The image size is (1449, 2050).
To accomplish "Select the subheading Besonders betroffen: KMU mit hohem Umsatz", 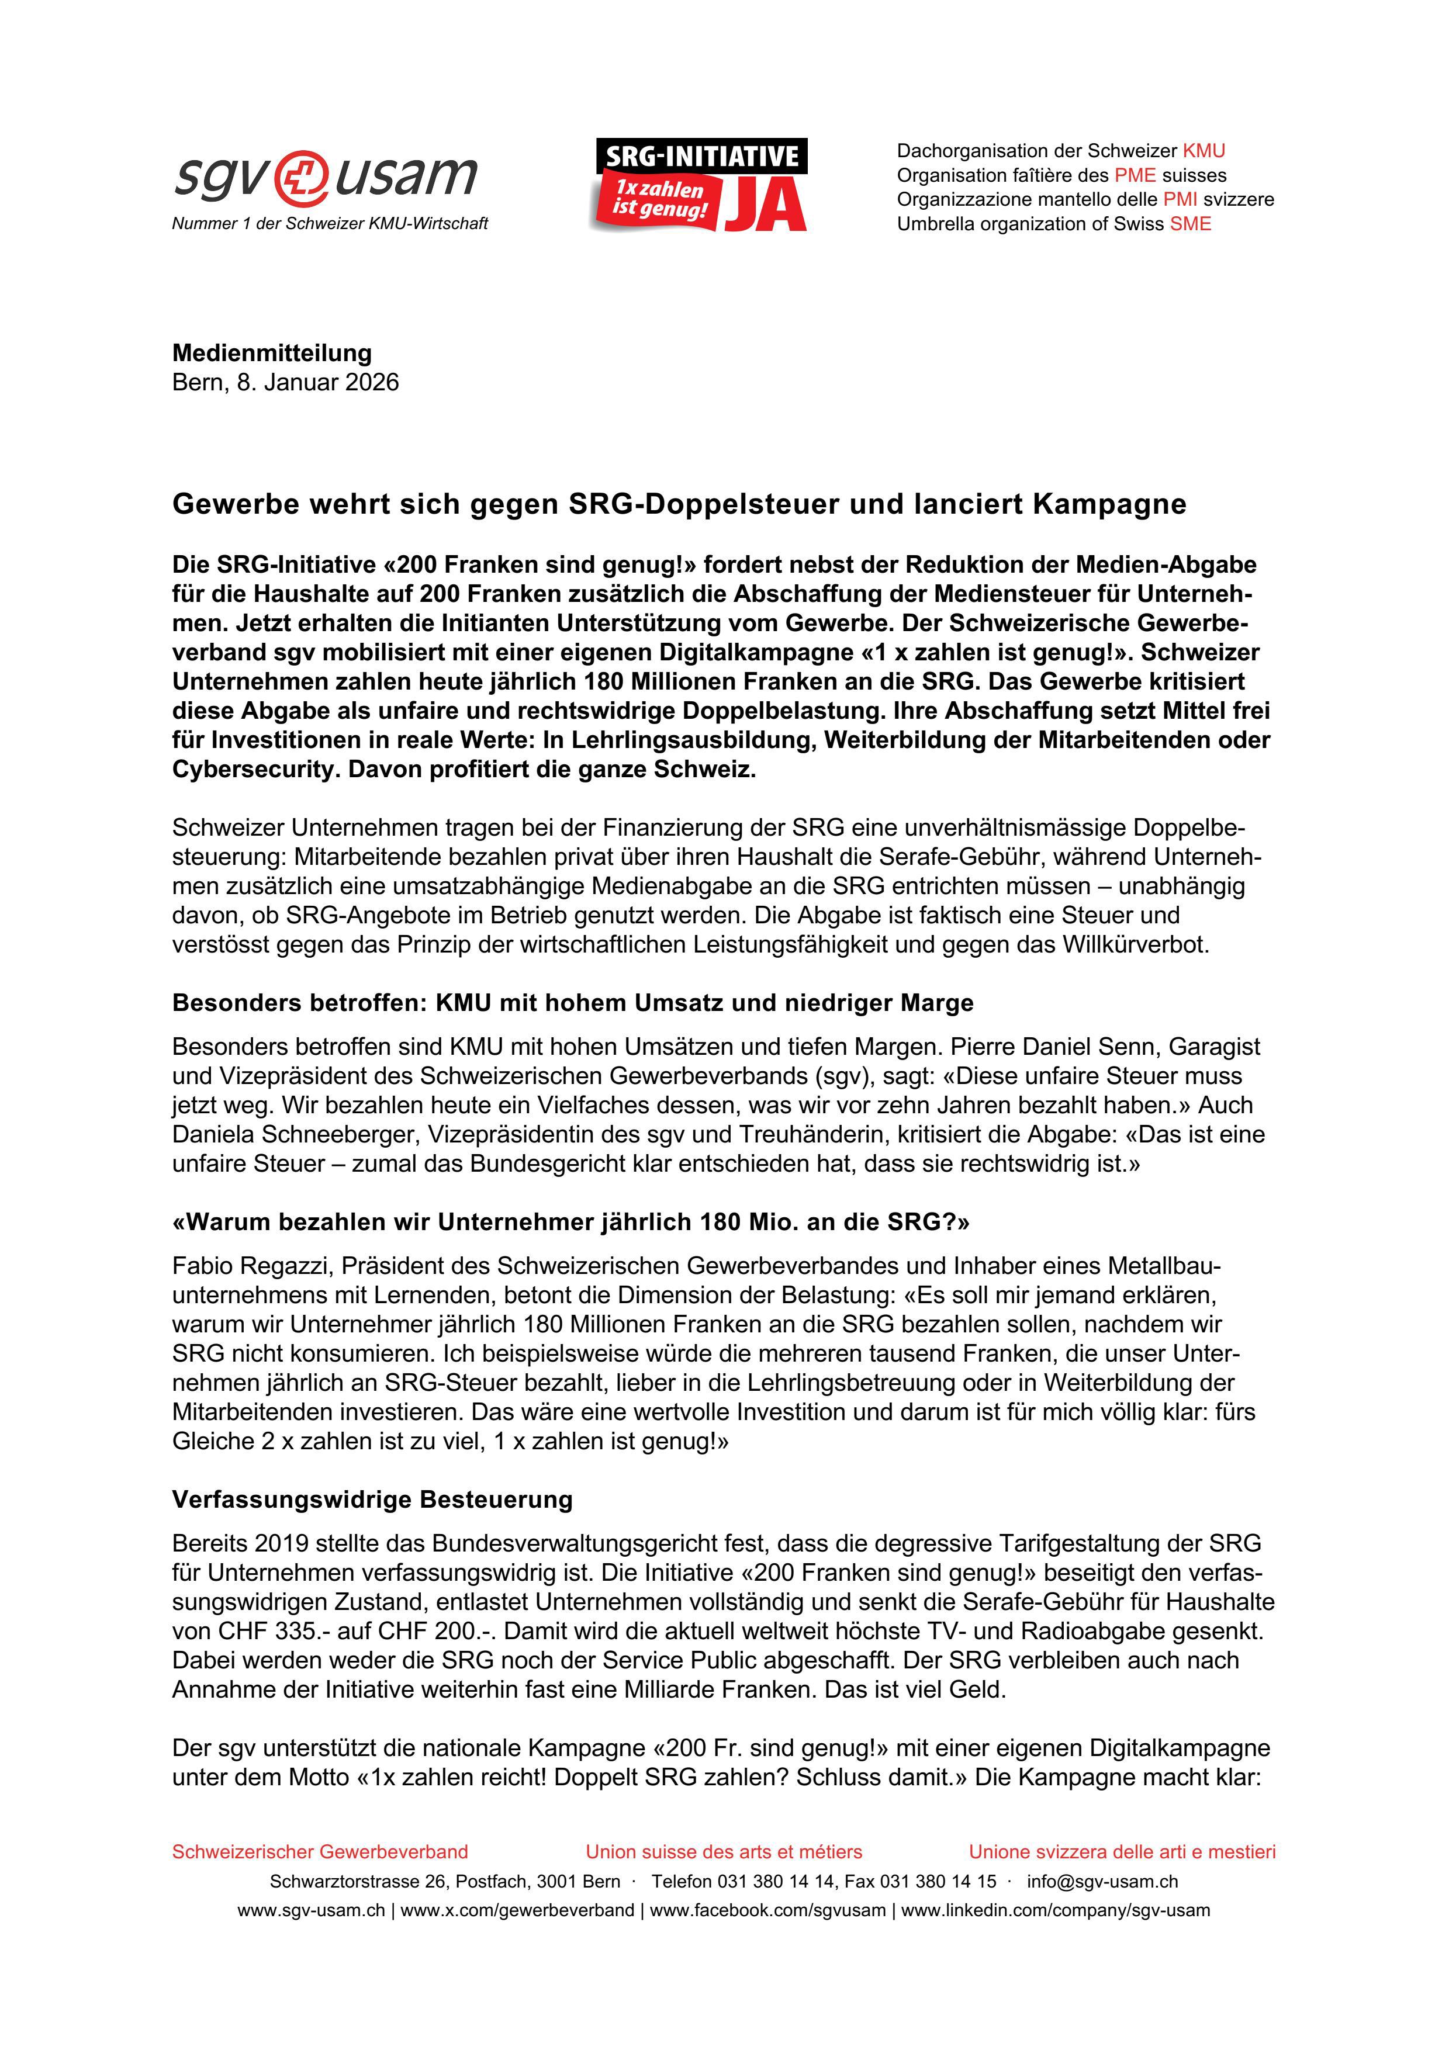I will point(572,1003).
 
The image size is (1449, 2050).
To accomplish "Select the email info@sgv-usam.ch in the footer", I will point(1102,1881).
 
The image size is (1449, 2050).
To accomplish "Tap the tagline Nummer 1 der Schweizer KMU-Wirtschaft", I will point(330,224).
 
